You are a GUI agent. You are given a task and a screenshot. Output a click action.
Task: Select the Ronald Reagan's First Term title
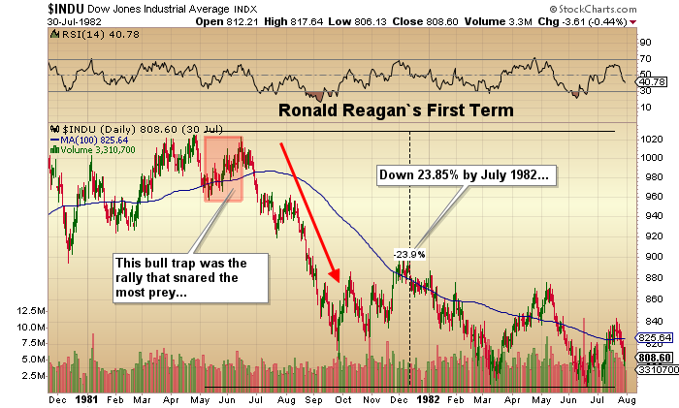click(x=396, y=110)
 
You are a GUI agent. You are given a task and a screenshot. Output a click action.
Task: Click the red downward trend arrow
click(x=308, y=209)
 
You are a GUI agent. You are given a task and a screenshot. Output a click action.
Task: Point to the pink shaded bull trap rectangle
click(x=223, y=168)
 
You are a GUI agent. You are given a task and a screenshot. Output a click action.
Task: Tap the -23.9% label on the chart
click(x=408, y=254)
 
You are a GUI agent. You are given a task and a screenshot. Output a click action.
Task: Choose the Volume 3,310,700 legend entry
click(x=96, y=149)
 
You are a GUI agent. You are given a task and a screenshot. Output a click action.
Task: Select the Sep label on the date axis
click(x=319, y=398)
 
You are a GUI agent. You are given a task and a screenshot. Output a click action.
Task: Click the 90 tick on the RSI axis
click(x=644, y=43)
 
